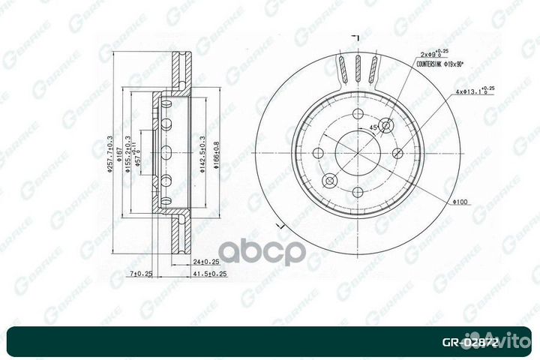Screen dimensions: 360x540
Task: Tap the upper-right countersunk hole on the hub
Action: point(387,126)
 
